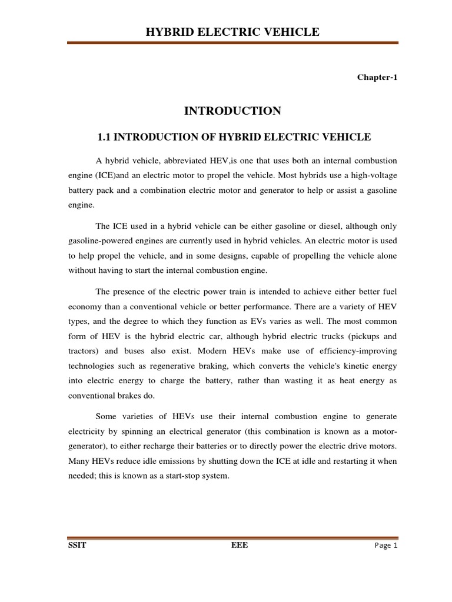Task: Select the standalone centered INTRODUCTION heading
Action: tap(232, 111)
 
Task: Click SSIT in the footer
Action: tap(77, 545)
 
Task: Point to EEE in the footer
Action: tap(240, 545)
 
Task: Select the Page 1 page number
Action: tap(387, 546)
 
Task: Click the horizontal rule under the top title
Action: tap(232, 43)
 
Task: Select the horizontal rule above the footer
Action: tap(232, 537)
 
